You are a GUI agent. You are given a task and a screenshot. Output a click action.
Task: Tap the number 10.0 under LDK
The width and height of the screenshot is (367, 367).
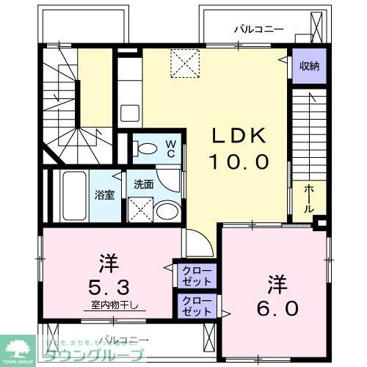(236, 161)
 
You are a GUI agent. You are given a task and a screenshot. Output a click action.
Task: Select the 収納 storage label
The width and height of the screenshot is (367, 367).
(309, 67)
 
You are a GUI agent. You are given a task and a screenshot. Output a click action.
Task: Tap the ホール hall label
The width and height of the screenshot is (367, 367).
(310, 199)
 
